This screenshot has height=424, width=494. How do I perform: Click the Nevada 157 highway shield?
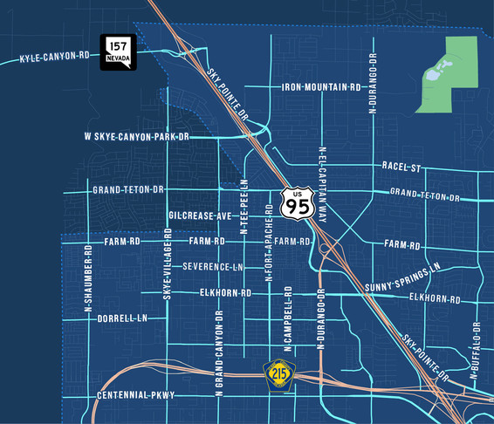117,53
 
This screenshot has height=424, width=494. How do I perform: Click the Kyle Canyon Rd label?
55,58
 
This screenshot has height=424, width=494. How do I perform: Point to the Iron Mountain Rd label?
321,87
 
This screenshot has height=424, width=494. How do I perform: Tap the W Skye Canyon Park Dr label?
137,137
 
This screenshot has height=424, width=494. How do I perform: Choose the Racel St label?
401,167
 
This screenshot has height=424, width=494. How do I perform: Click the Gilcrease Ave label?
200,215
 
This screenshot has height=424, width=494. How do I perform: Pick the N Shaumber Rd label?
88,278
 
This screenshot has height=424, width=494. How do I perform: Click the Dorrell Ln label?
122,318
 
